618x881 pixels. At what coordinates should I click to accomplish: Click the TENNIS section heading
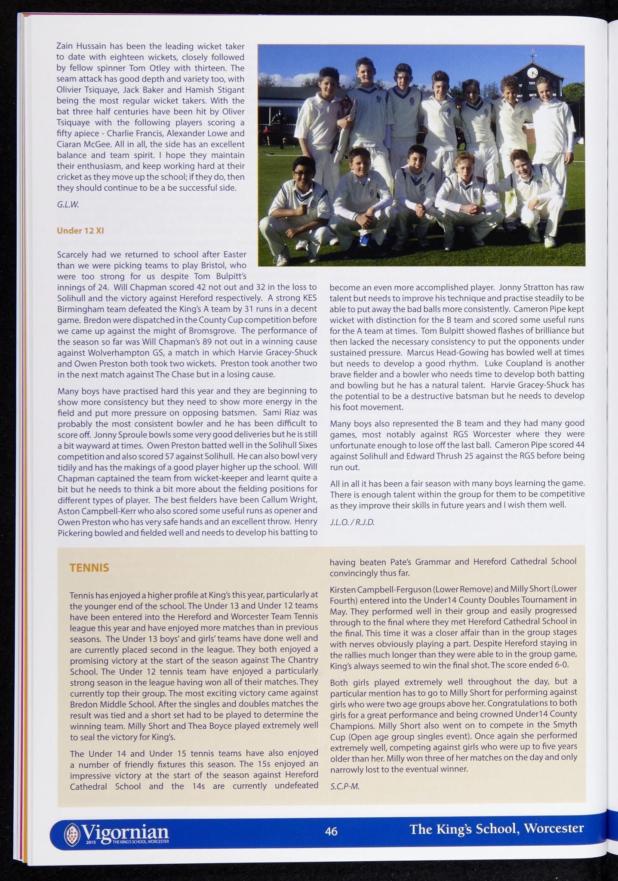(89, 568)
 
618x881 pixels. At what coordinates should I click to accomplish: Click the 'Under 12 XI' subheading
(80, 231)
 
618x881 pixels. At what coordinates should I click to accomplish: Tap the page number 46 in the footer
(331, 831)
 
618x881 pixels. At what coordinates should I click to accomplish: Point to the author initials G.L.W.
(68, 205)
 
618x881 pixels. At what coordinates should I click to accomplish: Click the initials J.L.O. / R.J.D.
(352, 523)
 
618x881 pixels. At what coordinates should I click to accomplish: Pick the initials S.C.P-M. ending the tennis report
(344, 786)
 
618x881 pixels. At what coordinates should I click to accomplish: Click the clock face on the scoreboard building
(532, 72)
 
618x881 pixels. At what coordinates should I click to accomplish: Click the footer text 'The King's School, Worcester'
(497, 829)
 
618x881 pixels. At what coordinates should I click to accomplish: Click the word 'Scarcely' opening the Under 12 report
(73, 254)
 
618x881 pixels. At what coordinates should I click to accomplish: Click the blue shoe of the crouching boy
(365, 239)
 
